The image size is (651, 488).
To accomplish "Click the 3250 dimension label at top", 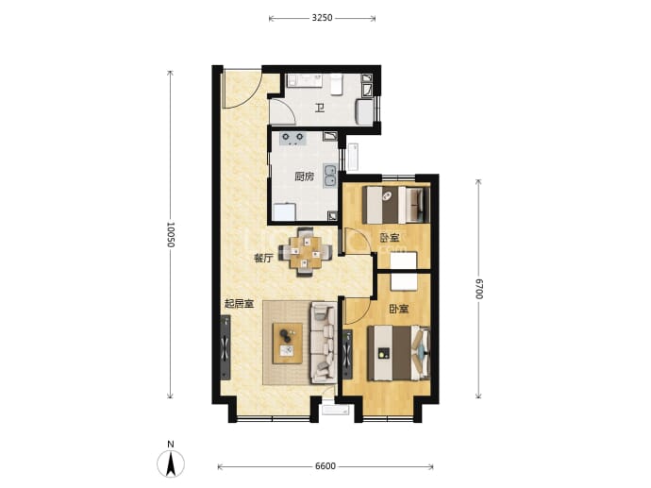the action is (322, 18).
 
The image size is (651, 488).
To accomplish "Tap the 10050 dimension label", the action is (170, 235).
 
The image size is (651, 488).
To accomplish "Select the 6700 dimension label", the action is (478, 289).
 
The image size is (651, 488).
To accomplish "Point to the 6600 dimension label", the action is (325, 466).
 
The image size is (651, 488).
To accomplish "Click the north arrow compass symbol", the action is (171, 463).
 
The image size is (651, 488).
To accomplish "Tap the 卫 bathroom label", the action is (319, 109).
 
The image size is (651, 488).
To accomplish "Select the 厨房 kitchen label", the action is (305, 177).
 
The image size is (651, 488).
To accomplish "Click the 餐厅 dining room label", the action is (263, 258).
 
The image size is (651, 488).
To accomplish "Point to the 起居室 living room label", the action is (239, 304).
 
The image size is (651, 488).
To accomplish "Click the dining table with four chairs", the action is (305, 252).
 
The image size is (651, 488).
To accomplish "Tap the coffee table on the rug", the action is (288, 344).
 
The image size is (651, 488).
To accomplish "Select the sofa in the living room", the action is (324, 343).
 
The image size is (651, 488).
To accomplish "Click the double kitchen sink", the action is (330, 177).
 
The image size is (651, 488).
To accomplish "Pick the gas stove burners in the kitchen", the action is (292, 139).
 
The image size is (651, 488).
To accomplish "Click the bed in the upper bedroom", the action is (396, 205).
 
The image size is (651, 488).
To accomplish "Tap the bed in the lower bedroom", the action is (399, 353).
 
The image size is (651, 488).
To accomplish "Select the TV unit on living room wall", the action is (225, 347).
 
